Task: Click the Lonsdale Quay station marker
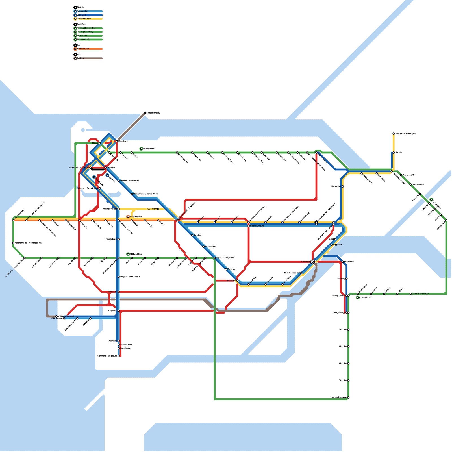pos(145,113)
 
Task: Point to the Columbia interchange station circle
pos(312,262)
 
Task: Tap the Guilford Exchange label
pos(420,294)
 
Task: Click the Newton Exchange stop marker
pos(348,397)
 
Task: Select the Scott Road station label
pos(349,262)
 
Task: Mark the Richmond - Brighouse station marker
pos(119,356)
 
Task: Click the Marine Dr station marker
pos(119,292)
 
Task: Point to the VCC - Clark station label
pos(152,209)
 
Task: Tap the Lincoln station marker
pos(394,153)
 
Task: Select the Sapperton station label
pos(338,245)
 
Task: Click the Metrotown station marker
pos(237,281)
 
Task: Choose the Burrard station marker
pos(100,143)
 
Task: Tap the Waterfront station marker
pos(117,141)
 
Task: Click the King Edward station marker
pos(119,239)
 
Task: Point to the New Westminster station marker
pos(301,273)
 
